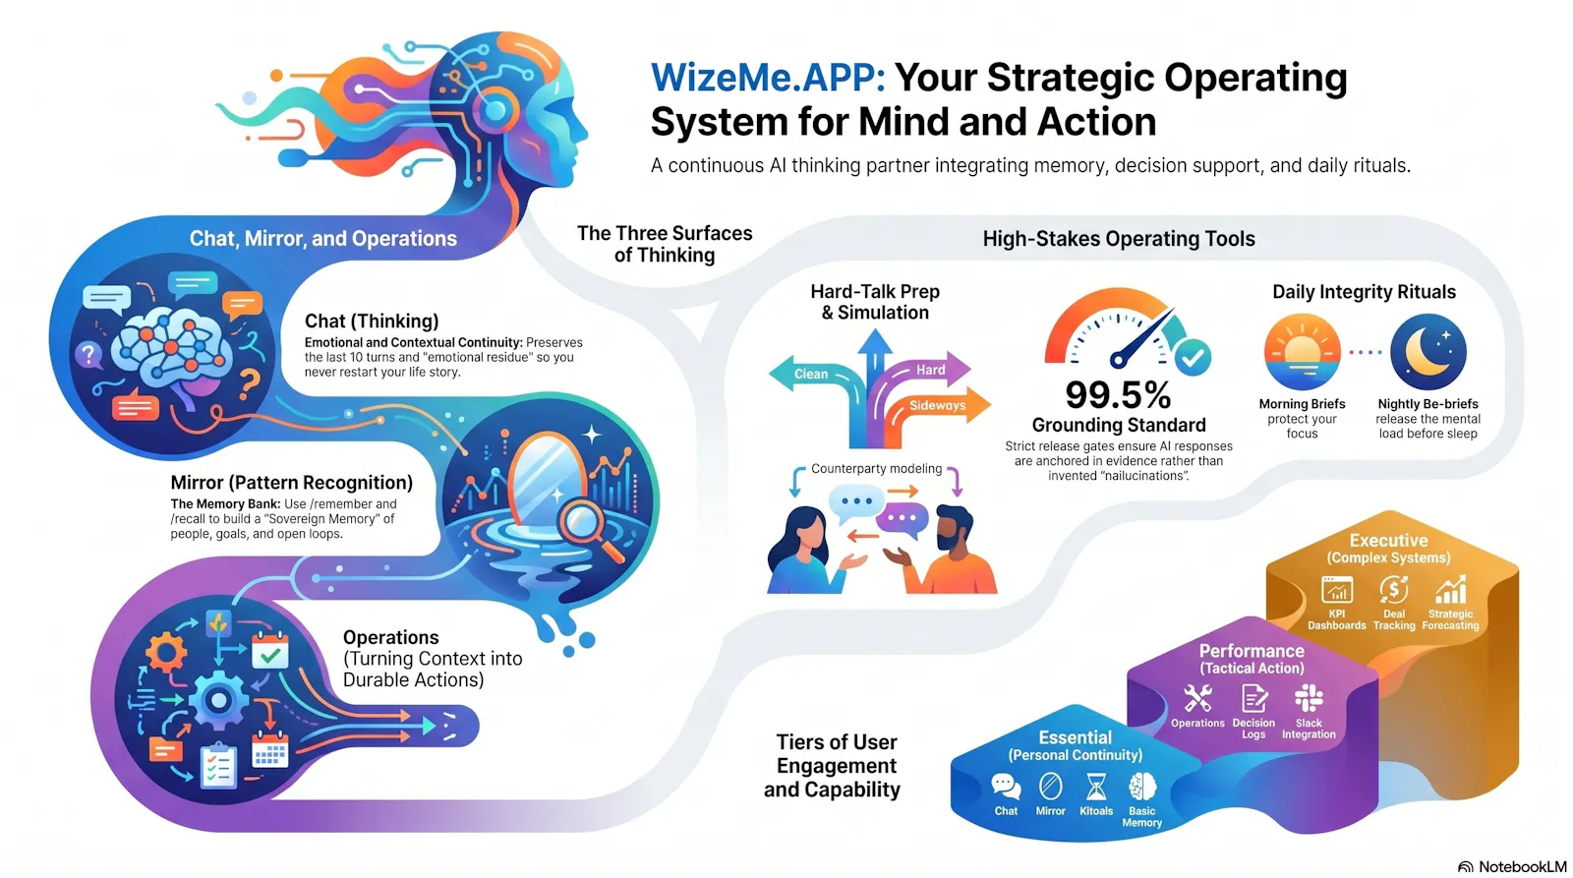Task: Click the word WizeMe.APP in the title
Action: tap(768, 78)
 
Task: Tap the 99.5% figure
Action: tap(1118, 394)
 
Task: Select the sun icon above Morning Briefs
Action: tap(1302, 351)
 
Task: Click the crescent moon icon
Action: tap(1428, 351)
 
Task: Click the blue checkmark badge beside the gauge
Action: tap(1193, 358)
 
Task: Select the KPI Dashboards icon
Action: tap(1336, 590)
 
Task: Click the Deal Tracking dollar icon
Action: tap(1393, 590)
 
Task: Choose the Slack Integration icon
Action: tap(1309, 698)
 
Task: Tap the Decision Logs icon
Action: tap(1254, 699)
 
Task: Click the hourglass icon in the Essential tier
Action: tap(1095, 788)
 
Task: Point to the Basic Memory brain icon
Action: tap(1141, 788)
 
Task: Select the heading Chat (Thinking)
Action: tap(372, 321)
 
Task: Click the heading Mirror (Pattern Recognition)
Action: tap(291, 483)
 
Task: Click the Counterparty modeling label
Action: tap(876, 469)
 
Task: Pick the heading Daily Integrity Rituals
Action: tap(1364, 291)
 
